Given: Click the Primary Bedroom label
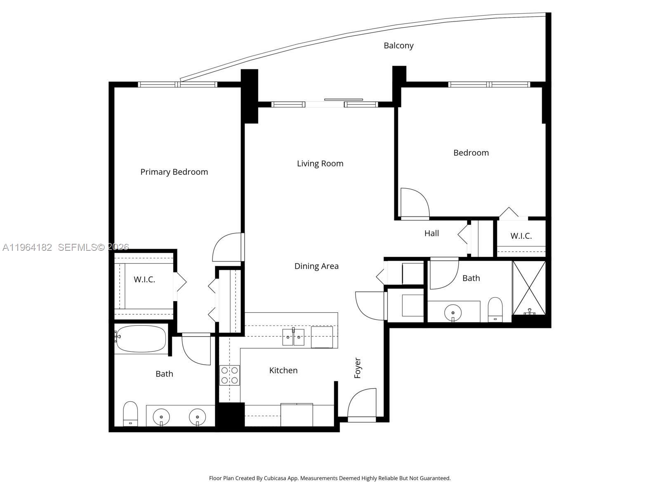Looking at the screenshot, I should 174,172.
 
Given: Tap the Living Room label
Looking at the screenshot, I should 320,163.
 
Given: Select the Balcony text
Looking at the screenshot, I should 398,45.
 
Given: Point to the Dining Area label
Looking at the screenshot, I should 316,266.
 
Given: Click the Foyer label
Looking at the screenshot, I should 358,368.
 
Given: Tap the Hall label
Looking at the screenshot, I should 431,233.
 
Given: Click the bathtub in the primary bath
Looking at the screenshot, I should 141,339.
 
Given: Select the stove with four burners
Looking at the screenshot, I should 230,375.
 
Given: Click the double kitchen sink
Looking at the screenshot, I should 293,337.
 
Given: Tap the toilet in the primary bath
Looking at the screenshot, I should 130,414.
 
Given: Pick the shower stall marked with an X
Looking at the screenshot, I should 529,288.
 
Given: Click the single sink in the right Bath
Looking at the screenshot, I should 453,312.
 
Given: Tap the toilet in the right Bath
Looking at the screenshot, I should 495,309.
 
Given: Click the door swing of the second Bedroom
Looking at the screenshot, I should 414,203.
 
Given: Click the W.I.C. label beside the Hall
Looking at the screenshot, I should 521,236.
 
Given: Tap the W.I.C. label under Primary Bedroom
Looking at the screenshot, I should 144,279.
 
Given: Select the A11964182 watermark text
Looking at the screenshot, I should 27,247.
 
